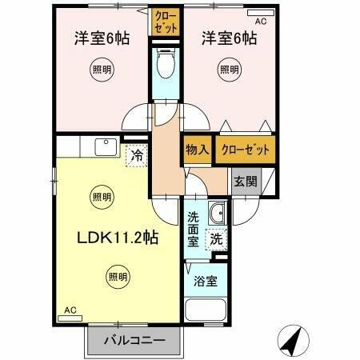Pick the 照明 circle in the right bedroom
click(x=230, y=70)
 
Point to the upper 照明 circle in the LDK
click(x=102, y=196)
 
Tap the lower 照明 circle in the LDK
click(x=117, y=277)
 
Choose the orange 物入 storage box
click(x=197, y=148)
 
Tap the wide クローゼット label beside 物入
click(x=242, y=148)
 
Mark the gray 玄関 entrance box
click(x=246, y=182)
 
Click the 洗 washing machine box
click(x=216, y=238)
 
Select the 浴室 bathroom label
click(x=206, y=282)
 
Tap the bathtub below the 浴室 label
click(x=206, y=310)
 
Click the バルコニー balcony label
click(x=136, y=341)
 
